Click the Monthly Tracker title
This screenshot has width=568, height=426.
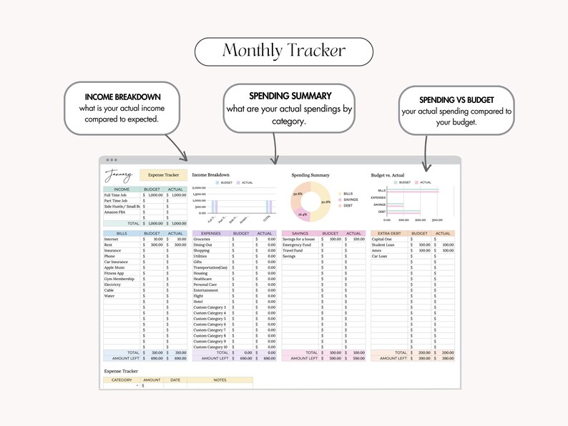284,51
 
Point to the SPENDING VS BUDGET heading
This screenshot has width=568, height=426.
457,101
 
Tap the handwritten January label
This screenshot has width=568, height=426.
119,175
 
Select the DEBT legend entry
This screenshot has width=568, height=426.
347,206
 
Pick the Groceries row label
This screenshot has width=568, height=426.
202,239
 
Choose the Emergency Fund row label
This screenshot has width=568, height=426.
296,244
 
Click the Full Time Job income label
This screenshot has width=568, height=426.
115,194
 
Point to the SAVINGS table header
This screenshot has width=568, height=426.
300,233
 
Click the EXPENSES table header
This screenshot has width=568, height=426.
210,233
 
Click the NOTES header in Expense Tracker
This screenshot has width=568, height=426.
220,380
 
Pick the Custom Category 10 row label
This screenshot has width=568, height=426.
210,347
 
